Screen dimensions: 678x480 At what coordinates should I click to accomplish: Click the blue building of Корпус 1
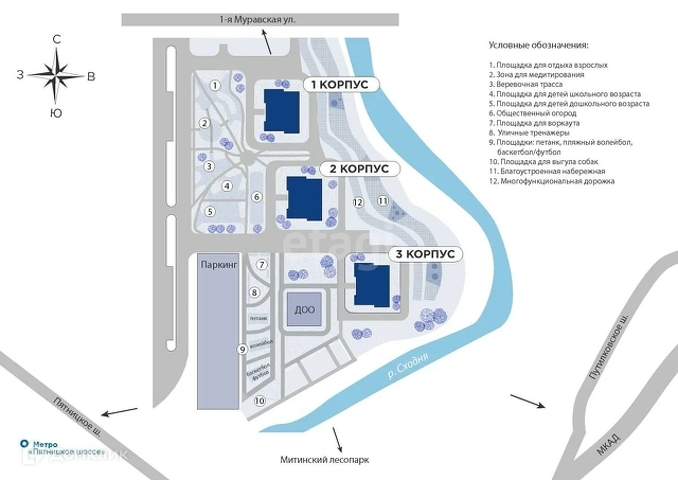pos(278,110)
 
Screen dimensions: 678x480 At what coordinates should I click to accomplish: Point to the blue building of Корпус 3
pos(369,285)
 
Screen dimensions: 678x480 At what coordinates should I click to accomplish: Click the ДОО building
pos(305,310)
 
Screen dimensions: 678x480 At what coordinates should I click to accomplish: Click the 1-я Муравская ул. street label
pos(257,19)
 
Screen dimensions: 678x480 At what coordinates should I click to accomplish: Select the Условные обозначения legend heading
pos(539,46)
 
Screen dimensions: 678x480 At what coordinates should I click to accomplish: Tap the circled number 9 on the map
pos(241,349)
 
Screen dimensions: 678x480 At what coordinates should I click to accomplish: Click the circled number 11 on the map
pos(382,201)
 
